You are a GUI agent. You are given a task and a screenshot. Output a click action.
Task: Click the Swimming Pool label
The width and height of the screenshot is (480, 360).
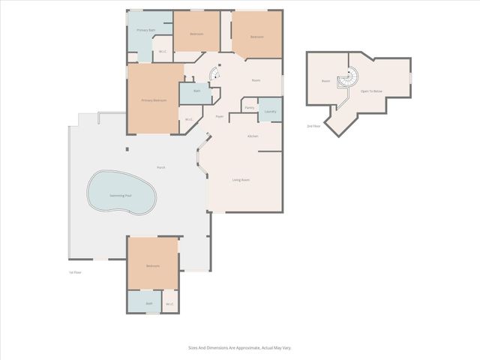point(120,195)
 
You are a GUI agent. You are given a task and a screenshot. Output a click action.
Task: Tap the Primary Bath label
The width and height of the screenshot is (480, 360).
point(146,30)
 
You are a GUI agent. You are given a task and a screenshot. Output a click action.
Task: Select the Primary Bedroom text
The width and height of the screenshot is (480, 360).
point(154,100)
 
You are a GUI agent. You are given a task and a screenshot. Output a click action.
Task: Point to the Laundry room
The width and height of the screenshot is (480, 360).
point(270,111)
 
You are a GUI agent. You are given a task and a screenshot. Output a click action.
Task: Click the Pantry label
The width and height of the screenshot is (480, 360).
point(249,107)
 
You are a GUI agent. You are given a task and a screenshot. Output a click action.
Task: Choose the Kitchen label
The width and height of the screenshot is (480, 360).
point(253,136)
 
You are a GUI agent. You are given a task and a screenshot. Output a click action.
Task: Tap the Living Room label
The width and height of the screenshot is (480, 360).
point(241,180)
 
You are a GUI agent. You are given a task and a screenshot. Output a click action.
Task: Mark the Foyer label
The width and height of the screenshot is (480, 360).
point(220,116)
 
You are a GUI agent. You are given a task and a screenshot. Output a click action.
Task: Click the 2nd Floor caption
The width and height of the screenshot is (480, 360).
point(314,126)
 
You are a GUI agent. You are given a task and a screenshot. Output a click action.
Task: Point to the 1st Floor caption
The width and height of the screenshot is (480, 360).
point(74,272)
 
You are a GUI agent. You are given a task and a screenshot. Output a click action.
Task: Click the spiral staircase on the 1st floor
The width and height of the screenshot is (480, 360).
point(214,73)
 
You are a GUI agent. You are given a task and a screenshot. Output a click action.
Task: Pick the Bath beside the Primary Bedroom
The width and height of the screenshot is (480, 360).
point(196,91)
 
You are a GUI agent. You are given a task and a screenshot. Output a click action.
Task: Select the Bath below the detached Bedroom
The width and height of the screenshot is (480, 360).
point(149,304)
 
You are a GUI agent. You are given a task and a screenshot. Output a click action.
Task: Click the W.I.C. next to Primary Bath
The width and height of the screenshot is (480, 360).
point(163,52)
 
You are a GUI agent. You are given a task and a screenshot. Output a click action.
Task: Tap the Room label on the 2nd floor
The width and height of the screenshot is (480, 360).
point(325,81)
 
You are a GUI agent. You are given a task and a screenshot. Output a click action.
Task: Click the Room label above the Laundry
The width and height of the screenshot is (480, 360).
point(256,80)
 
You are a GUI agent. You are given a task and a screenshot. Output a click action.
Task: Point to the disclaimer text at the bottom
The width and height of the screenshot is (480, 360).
point(240,348)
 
